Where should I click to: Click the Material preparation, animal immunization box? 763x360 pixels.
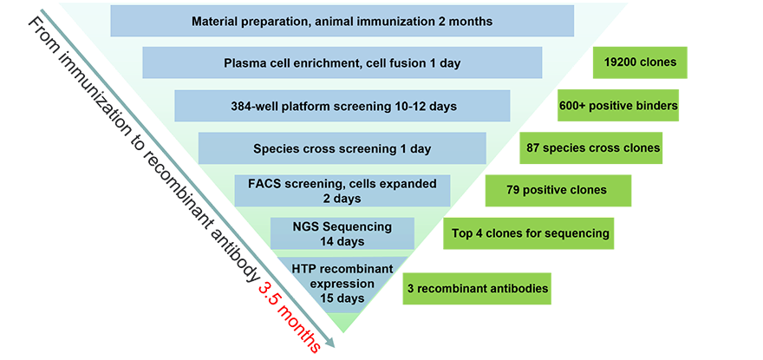click(x=342, y=21)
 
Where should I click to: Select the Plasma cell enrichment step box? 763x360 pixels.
click(x=342, y=62)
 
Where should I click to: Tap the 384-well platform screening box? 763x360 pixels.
click(x=342, y=106)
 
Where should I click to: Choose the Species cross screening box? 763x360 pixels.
click(x=342, y=148)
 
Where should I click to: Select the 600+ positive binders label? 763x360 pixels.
click(x=618, y=106)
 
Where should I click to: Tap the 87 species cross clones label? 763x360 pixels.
click(x=593, y=147)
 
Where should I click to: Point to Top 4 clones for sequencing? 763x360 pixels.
click(x=531, y=233)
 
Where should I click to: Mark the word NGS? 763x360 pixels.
click(x=303, y=226)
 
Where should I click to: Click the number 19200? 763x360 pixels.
click(x=623, y=62)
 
